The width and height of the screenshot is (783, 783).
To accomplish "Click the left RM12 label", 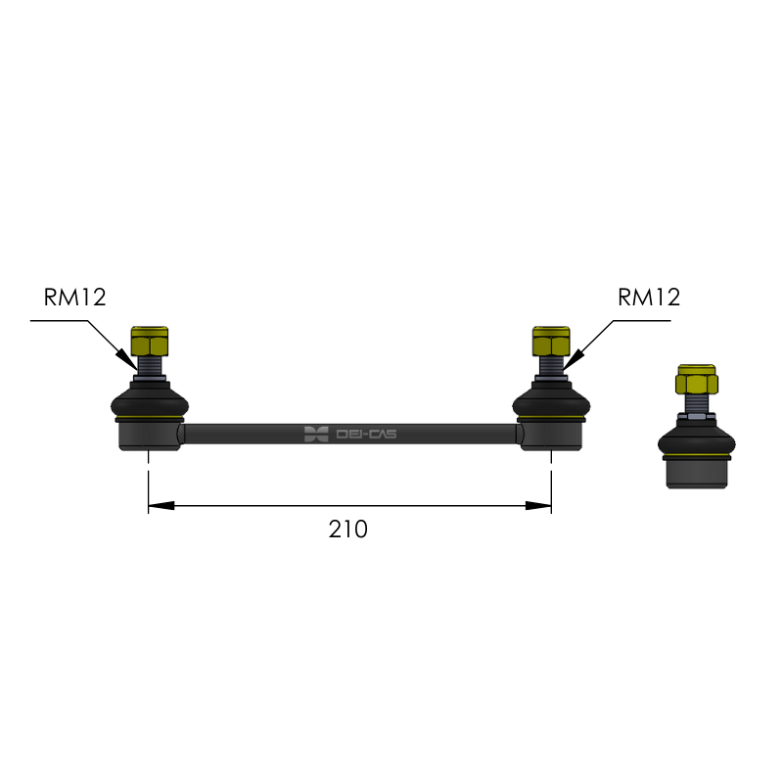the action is [75, 298].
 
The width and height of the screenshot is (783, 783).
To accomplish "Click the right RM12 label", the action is [649, 298].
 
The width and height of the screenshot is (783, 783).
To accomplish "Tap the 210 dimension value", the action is [348, 530].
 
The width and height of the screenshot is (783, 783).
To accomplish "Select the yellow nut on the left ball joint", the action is [150, 341].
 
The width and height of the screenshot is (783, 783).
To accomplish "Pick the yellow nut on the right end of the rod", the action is [551, 341].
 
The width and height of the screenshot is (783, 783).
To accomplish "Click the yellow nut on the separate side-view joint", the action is [697, 380].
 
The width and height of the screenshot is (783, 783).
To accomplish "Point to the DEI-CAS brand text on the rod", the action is [366, 434].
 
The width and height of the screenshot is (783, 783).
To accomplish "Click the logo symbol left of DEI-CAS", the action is [316, 434].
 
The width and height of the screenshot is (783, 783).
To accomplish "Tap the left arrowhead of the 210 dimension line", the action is [161, 506].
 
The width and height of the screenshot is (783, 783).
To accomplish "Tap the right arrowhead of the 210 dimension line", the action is [538, 506].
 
